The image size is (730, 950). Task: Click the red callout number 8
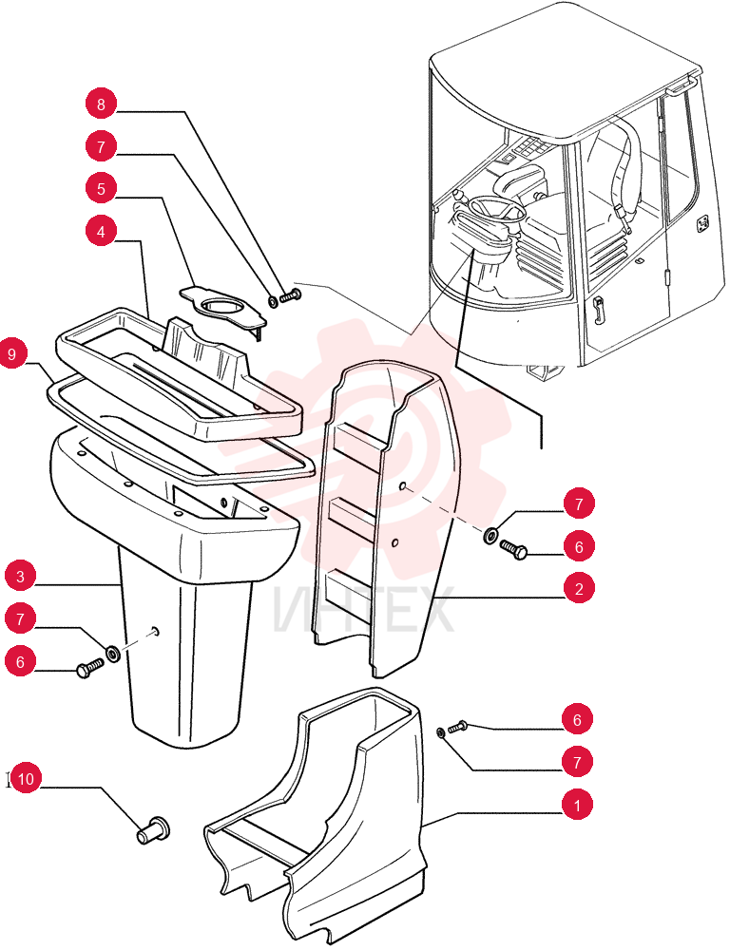(101, 104)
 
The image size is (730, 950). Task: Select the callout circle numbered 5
(101, 189)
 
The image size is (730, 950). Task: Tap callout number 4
(101, 232)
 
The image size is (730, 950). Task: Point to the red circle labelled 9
(12, 353)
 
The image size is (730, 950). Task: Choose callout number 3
(20, 576)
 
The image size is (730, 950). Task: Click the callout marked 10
(25, 779)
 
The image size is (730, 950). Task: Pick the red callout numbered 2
(579, 588)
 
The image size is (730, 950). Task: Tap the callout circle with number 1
(577, 806)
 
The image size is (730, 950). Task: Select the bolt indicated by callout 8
(291, 296)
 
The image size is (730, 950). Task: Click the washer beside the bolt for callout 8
(273, 300)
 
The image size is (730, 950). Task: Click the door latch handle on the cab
(599, 310)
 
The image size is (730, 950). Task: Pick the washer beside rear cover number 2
(491, 535)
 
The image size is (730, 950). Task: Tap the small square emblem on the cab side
(703, 223)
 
